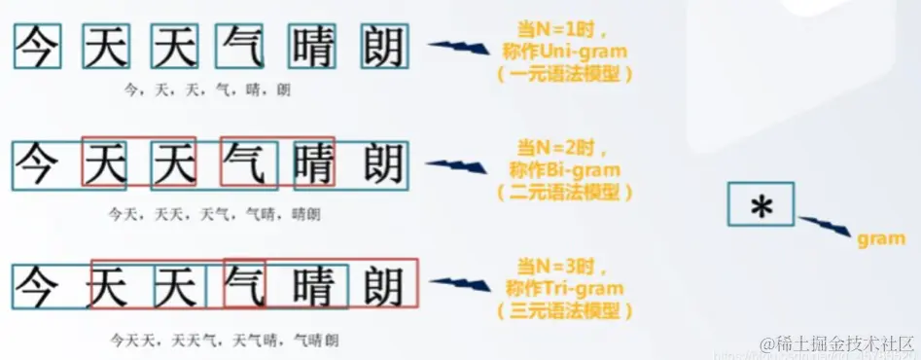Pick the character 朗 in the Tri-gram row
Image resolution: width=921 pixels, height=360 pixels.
click(x=383, y=287)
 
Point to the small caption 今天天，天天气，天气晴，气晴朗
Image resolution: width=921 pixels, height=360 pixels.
click(x=224, y=341)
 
